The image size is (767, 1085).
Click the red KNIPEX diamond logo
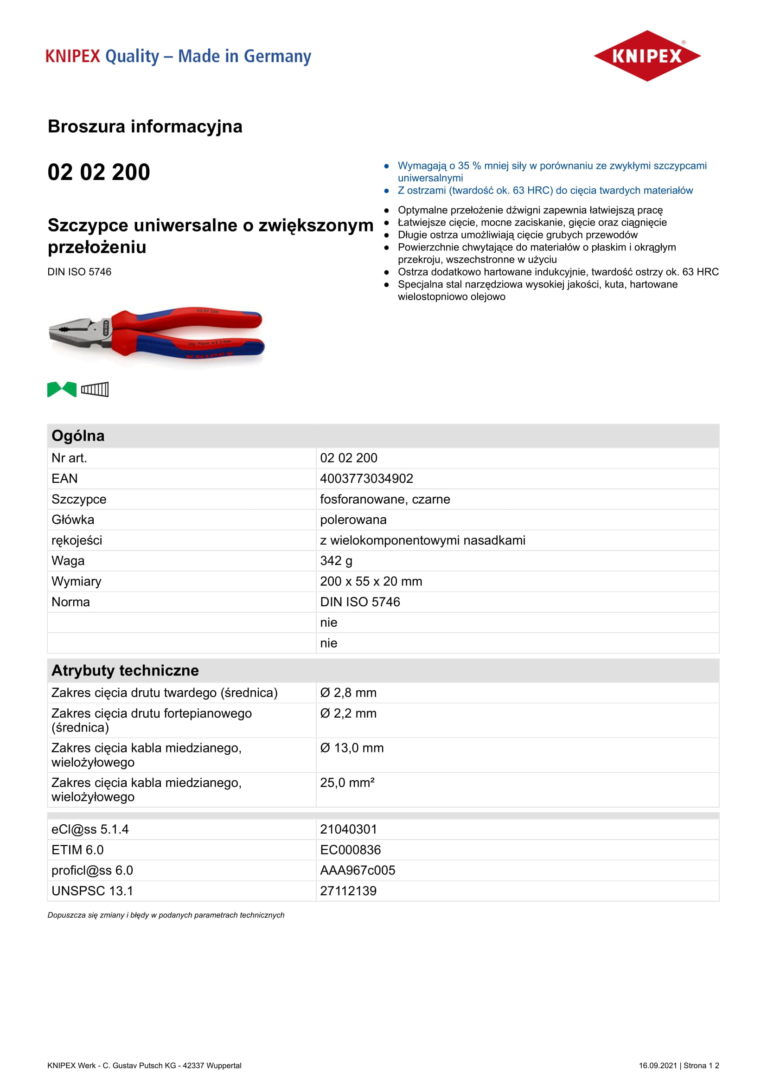tap(646, 56)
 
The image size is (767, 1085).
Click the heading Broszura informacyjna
tap(145, 127)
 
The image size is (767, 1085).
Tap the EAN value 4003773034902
tap(366, 479)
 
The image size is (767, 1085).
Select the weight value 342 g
tap(336, 561)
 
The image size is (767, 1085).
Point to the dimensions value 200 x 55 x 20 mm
tap(371, 581)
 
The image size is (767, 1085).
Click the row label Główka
tap(73, 520)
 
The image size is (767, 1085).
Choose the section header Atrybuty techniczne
tap(125, 671)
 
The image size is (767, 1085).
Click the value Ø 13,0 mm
tap(352, 748)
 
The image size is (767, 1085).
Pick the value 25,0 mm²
tap(347, 783)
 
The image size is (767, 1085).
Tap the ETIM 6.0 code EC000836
tap(351, 850)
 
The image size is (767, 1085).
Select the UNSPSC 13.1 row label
tap(92, 891)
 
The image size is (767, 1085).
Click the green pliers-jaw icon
tap(62, 389)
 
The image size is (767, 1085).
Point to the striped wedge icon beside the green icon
tap(95, 389)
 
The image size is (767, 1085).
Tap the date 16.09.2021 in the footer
tap(658, 1066)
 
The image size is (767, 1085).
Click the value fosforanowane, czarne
tap(385, 500)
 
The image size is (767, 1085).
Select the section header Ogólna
tap(78, 436)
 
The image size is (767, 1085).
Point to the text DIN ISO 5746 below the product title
tap(79, 272)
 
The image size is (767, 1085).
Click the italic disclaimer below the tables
tap(166, 915)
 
